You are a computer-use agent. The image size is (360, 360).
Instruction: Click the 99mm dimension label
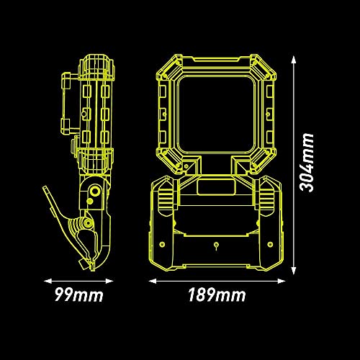(x=79, y=294)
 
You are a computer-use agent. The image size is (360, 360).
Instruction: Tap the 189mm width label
(x=217, y=294)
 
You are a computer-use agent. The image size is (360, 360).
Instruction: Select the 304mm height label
(x=307, y=162)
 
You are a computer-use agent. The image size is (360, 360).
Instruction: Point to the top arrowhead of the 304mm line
(x=293, y=59)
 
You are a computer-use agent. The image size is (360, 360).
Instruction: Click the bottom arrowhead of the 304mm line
(x=293, y=271)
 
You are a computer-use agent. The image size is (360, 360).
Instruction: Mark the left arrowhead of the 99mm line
(x=48, y=281)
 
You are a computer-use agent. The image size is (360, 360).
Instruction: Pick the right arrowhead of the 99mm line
(x=109, y=281)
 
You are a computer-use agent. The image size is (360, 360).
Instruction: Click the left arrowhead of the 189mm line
(x=153, y=281)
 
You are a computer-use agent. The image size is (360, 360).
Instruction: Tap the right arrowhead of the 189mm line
(x=282, y=281)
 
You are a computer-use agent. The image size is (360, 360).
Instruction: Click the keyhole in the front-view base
(x=216, y=246)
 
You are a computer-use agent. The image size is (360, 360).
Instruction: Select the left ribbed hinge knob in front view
(x=166, y=197)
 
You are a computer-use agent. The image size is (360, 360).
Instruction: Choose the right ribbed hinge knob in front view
(x=267, y=197)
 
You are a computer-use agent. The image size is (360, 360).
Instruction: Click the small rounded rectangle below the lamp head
(x=215, y=187)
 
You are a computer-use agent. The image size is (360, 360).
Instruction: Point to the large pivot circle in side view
(x=96, y=192)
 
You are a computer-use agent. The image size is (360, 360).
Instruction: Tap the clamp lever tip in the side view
(x=45, y=188)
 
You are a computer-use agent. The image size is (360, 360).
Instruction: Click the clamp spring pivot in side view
(x=88, y=223)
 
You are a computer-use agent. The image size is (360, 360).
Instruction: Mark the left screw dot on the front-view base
(x=163, y=244)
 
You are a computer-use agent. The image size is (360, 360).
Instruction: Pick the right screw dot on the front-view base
(x=270, y=244)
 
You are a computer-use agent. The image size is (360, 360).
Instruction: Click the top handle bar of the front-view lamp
(x=216, y=60)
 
